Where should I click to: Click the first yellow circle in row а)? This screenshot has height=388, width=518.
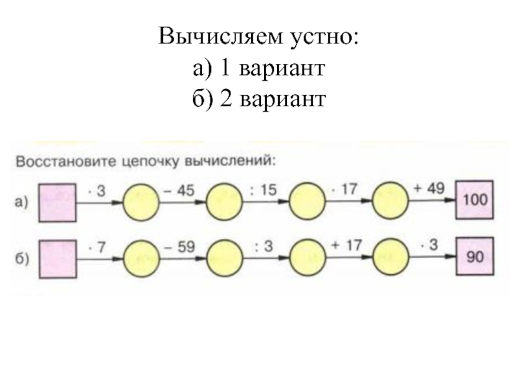point(141,202)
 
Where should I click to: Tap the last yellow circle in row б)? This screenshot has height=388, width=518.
point(393,257)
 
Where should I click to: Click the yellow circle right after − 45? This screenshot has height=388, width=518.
point(224,202)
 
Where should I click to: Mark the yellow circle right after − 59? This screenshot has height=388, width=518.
point(224,257)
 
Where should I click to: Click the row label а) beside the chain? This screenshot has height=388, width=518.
point(22,202)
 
